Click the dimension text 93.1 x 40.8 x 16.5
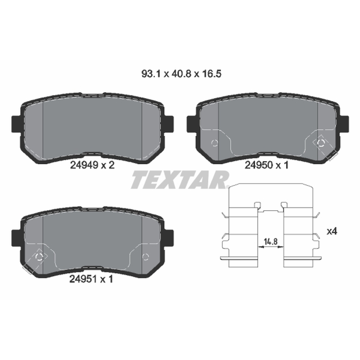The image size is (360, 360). (181, 74)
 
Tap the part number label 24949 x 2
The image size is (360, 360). (92, 165)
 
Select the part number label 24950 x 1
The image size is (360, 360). (266, 165)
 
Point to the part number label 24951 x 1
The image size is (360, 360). (91, 279)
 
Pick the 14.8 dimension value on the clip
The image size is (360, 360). (271, 242)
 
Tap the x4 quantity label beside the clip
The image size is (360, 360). (332, 231)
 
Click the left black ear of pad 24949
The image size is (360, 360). (16, 124)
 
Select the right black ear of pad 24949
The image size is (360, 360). (169, 124)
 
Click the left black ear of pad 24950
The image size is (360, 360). (192, 124)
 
